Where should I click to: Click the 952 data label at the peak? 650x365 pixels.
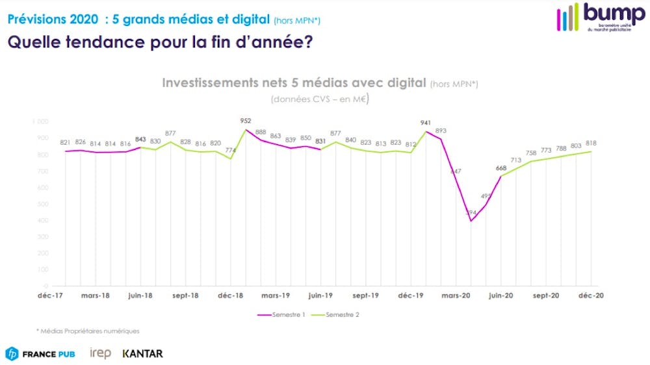click(246, 121)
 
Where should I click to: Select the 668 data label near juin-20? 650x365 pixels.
click(501, 168)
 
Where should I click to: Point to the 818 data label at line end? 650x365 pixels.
click(591, 143)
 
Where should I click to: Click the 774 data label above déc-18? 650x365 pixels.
click(231, 151)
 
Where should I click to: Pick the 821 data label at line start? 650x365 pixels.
click(66, 143)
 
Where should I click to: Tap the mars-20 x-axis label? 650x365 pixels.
click(456, 296)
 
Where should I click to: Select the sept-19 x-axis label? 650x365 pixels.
click(366, 296)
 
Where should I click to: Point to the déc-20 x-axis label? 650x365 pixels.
click(591, 296)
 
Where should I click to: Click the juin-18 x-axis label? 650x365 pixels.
click(140, 296)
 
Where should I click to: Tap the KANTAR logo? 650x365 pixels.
click(142, 354)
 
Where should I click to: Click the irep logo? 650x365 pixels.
click(100, 354)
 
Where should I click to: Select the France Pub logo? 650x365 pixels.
click(40, 354)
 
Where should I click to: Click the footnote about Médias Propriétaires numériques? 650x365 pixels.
click(88, 331)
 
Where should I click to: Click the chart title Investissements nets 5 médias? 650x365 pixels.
click(294, 83)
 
